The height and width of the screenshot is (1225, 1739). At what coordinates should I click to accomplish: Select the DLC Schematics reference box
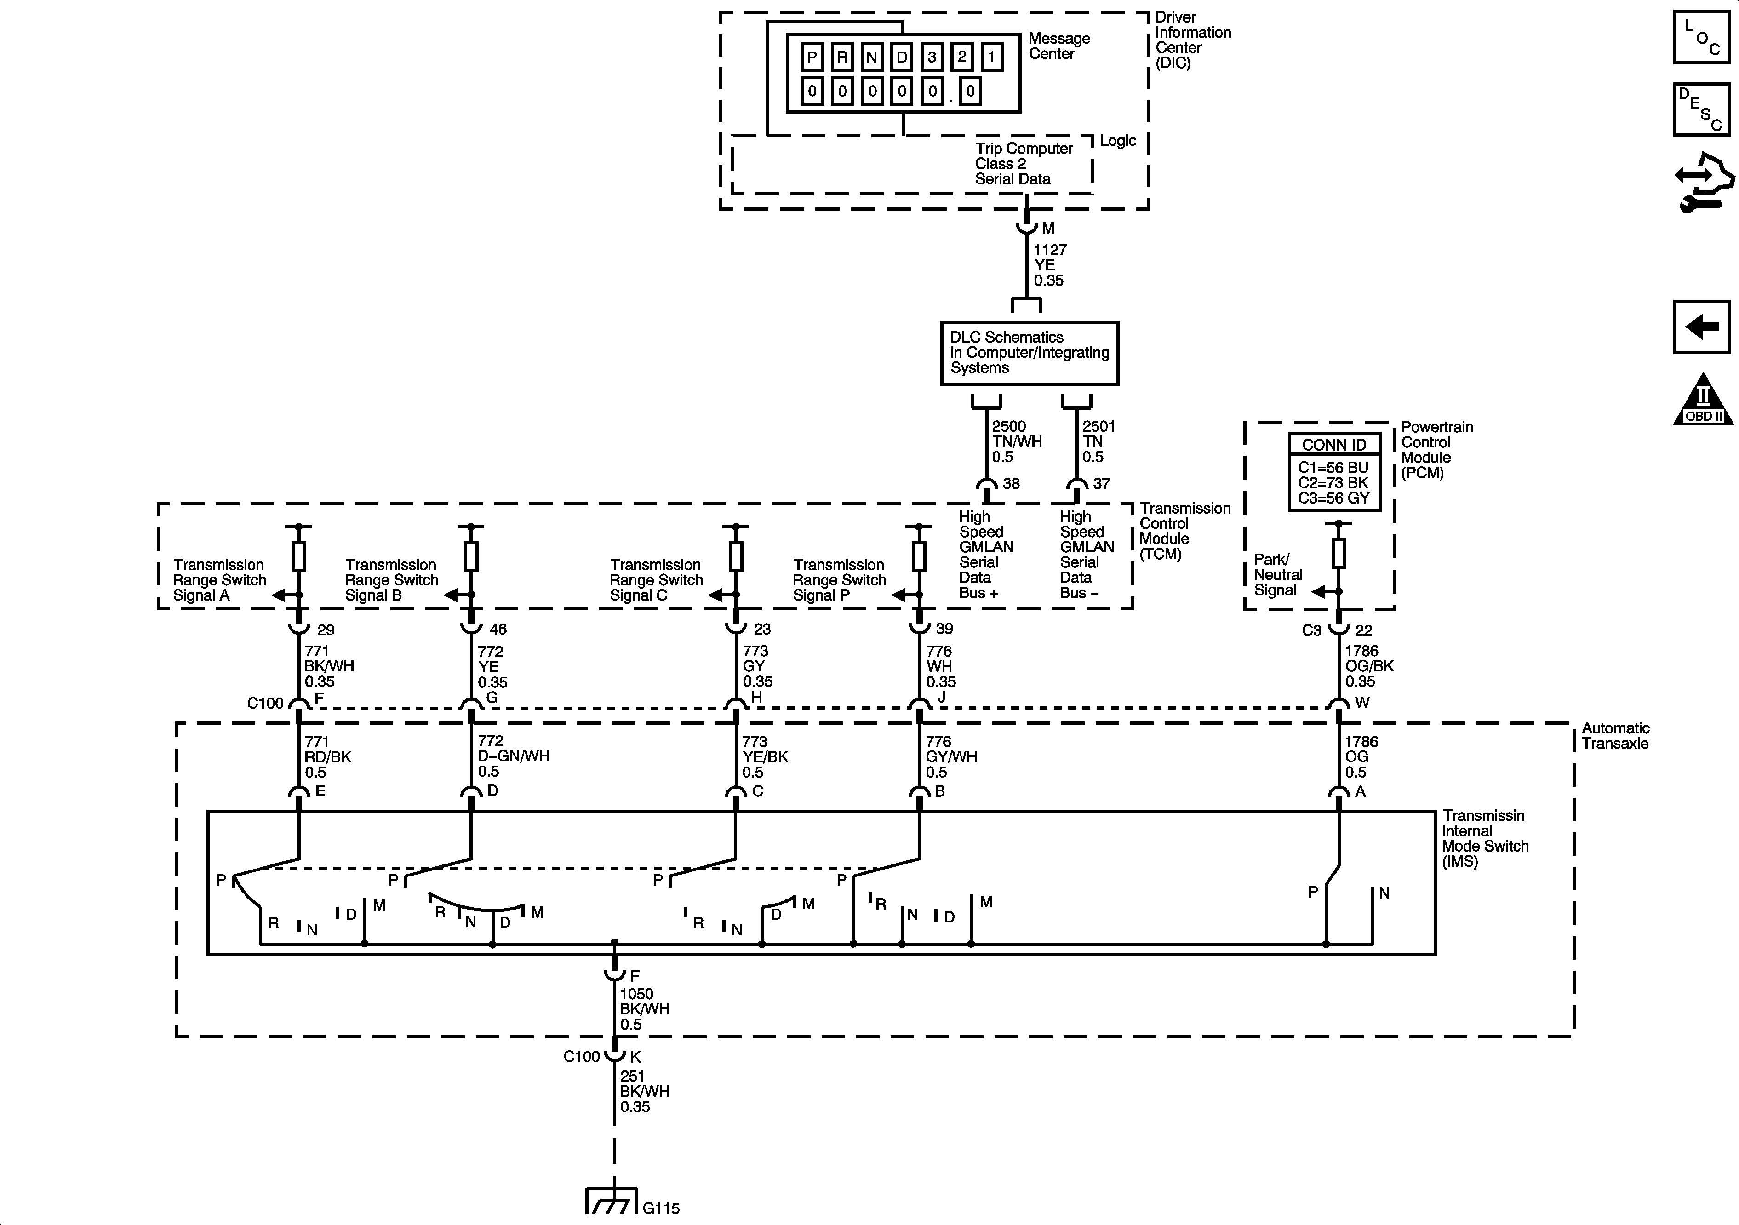pos(1030,353)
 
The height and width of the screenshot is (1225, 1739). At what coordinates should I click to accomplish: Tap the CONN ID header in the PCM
pos(1334,445)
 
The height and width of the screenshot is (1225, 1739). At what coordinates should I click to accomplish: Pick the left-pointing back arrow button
pos(1701,326)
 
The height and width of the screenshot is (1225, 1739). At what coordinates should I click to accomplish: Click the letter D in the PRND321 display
pos(901,57)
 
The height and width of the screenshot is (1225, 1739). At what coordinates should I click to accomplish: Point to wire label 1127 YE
pos(1050,258)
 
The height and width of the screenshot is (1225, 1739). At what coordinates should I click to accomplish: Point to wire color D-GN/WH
pos(514,756)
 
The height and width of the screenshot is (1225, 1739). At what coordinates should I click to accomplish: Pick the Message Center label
pos(1059,46)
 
